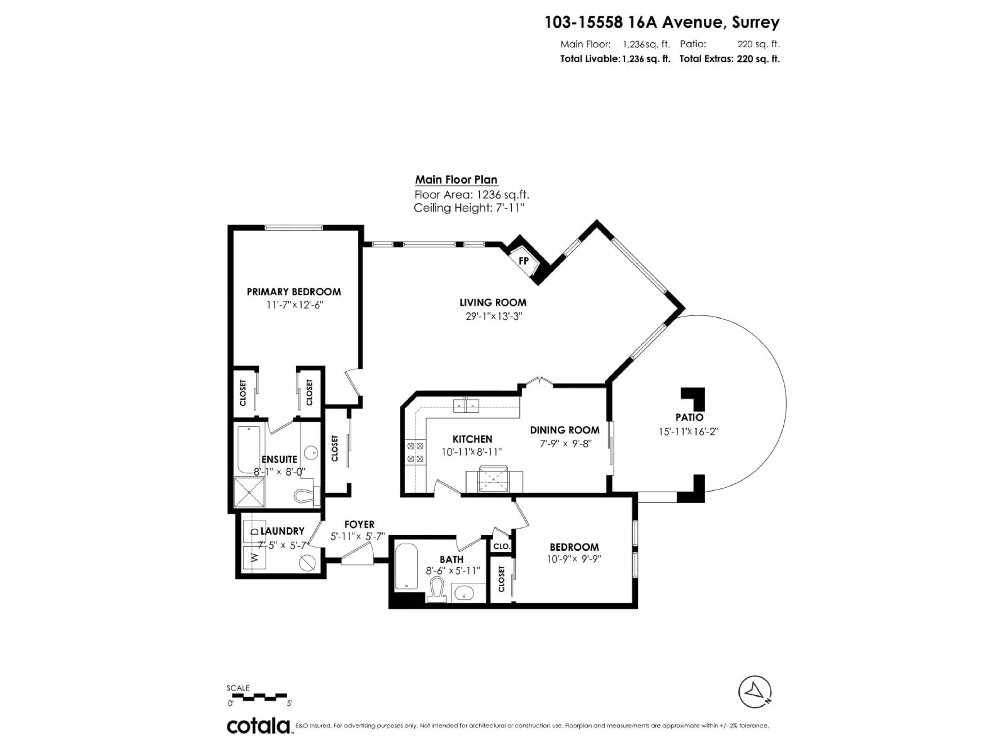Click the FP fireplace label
(x=523, y=261)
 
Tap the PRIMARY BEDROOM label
(x=294, y=292)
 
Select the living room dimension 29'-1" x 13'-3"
(x=493, y=316)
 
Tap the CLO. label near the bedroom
(x=502, y=546)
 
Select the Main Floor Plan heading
(x=456, y=180)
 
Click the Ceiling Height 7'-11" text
(x=469, y=208)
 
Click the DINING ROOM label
(x=565, y=430)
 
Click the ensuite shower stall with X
(x=249, y=492)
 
